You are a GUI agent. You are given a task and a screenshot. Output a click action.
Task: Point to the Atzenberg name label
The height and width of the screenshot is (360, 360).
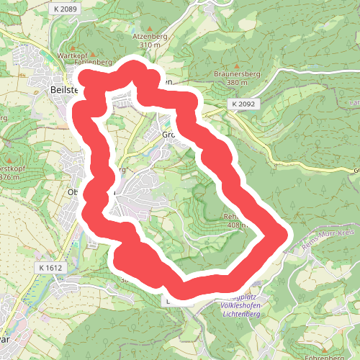point(149,35)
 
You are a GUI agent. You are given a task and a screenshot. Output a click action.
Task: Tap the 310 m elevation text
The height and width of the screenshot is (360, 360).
point(149,45)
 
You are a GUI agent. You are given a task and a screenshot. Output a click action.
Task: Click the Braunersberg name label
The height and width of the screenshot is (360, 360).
point(235,73)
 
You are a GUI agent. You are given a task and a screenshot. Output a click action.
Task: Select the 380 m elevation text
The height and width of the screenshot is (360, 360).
point(235,83)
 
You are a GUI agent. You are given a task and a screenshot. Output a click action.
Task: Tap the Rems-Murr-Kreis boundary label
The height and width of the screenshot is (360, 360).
point(332,235)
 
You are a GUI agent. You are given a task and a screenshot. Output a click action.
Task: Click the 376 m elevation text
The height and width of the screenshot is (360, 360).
point(9,177)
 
